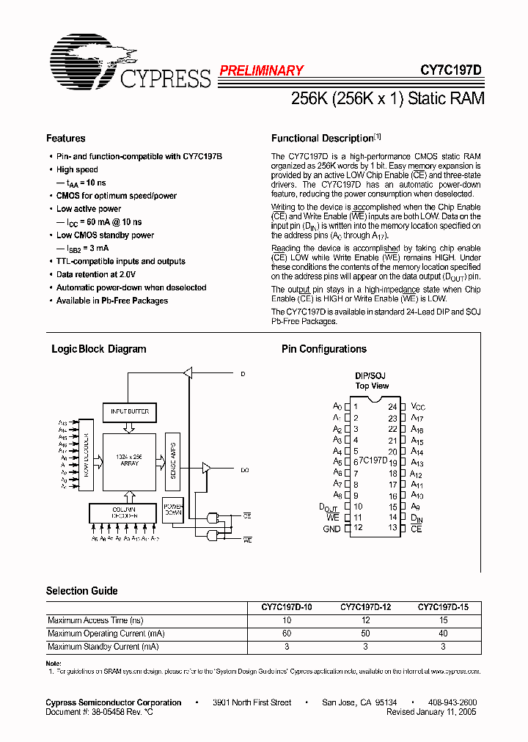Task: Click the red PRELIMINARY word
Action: [261, 71]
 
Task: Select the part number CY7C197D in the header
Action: [450, 71]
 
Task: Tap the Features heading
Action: [65, 139]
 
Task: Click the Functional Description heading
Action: [323, 139]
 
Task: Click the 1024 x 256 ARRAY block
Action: [128, 460]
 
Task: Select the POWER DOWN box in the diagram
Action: [173, 510]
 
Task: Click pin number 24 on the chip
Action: [393, 407]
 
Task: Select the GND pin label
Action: [331, 529]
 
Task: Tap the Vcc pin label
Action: [417, 407]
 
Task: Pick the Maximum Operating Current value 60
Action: [287, 633]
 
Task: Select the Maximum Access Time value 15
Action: [443, 620]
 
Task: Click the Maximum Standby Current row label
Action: [103, 647]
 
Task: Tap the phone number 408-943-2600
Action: [452, 702]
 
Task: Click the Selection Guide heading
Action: [81, 591]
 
